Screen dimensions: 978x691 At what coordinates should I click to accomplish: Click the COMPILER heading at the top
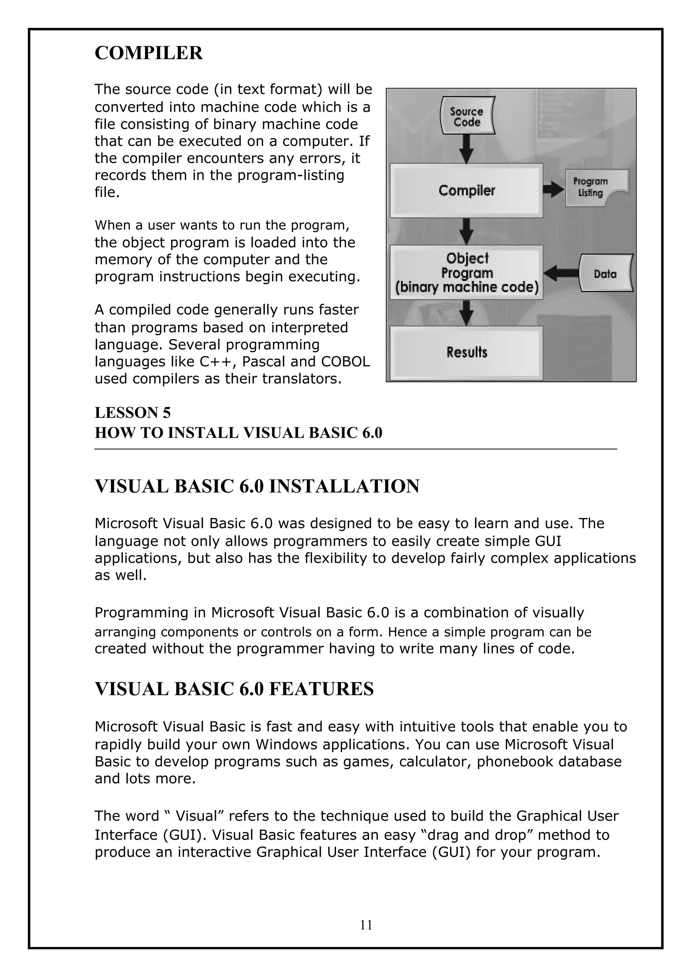click(148, 53)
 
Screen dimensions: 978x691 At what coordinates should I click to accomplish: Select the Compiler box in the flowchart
click(466, 190)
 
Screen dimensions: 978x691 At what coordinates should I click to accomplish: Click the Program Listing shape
click(591, 187)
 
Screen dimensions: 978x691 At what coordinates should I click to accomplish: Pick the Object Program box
click(466, 273)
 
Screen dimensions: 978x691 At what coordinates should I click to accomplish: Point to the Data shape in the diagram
click(605, 274)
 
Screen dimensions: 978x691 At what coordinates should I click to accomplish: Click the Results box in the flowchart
click(466, 353)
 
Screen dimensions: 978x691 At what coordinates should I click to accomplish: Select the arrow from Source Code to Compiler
click(467, 149)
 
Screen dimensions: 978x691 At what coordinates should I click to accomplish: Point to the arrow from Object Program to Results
click(467, 313)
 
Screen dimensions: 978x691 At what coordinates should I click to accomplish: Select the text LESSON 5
click(132, 413)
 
